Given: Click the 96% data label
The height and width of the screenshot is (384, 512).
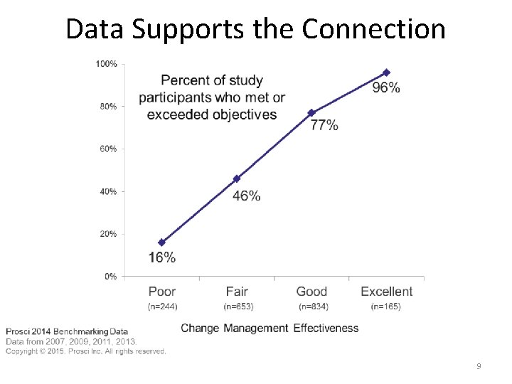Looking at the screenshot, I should click(386, 88).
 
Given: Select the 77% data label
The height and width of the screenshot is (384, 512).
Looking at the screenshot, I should click(324, 125).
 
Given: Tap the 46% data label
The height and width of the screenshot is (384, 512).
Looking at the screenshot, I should click(246, 196).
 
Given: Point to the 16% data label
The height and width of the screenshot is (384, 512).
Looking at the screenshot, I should click(162, 257).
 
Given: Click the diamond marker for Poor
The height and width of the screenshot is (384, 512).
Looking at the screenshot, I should click(162, 242).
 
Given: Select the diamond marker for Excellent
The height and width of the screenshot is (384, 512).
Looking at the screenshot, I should click(386, 73).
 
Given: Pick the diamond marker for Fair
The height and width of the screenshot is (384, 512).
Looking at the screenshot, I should click(237, 178).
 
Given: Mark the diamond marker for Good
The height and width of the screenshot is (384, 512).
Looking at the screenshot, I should click(311, 113).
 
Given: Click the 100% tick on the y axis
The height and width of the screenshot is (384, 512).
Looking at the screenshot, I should click(107, 64).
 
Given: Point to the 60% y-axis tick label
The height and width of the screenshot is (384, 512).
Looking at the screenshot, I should click(109, 149).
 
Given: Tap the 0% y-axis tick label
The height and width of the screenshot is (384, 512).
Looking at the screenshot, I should click(111, 277).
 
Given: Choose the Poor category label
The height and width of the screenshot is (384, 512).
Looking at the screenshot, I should click(162, 292).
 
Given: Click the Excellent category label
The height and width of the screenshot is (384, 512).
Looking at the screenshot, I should click(386, 292).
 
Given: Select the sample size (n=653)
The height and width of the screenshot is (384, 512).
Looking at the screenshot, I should click(238, 306).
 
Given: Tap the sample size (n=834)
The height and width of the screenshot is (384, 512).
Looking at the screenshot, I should click(312, 306).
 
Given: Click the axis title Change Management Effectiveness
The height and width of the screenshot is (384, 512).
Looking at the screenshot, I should click(270, 328).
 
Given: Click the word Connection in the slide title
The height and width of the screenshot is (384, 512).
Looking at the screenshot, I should click(373, 29).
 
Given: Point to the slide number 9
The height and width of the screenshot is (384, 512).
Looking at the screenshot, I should click(479, 366).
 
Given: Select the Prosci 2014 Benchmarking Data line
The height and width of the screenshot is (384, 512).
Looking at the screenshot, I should click(67, 331).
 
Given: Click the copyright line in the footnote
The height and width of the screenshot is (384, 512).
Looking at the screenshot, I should click(86, 351).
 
